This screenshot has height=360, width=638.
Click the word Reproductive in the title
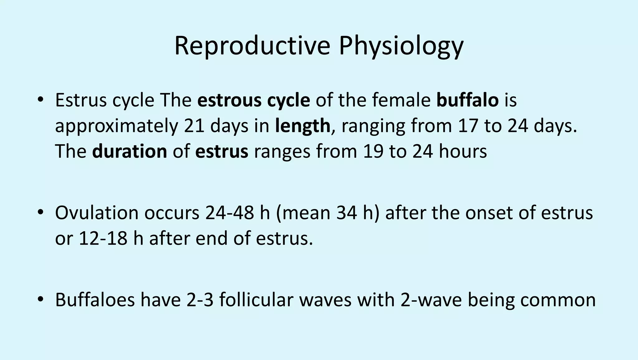tap(252, 46)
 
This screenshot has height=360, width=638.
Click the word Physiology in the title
tap(401, 46)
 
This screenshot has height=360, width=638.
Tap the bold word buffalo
tap(467, 100)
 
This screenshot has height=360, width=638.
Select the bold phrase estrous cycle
tap(254, 100)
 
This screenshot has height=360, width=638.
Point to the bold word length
tap(302, 126)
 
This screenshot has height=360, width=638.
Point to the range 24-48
tap(230, 213)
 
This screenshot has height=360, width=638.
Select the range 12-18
tap(103, 238)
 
